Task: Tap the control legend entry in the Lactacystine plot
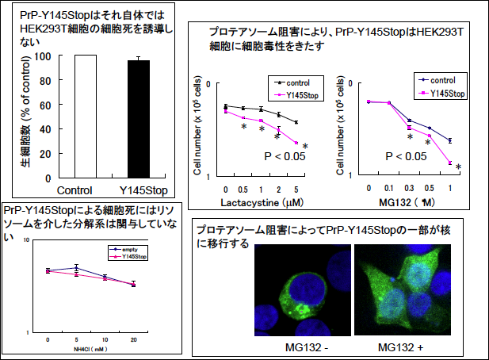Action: click(292, 82)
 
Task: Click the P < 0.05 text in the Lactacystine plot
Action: click(285, 157)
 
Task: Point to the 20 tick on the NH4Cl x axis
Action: click(133, 339)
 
